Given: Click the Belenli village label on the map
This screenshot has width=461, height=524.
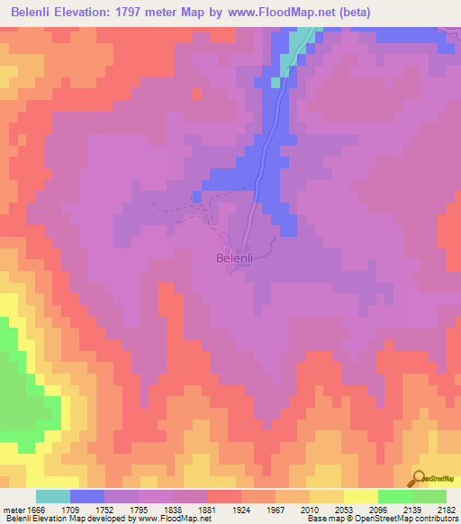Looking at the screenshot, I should pos(240,258).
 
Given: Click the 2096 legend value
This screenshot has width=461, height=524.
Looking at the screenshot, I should pos(393,509).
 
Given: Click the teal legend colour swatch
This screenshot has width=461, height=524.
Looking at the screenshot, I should pos(53,496).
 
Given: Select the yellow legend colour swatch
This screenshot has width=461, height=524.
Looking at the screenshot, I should pos(360,496).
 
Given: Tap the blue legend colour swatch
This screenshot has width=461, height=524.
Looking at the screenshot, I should pos(87,496).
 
